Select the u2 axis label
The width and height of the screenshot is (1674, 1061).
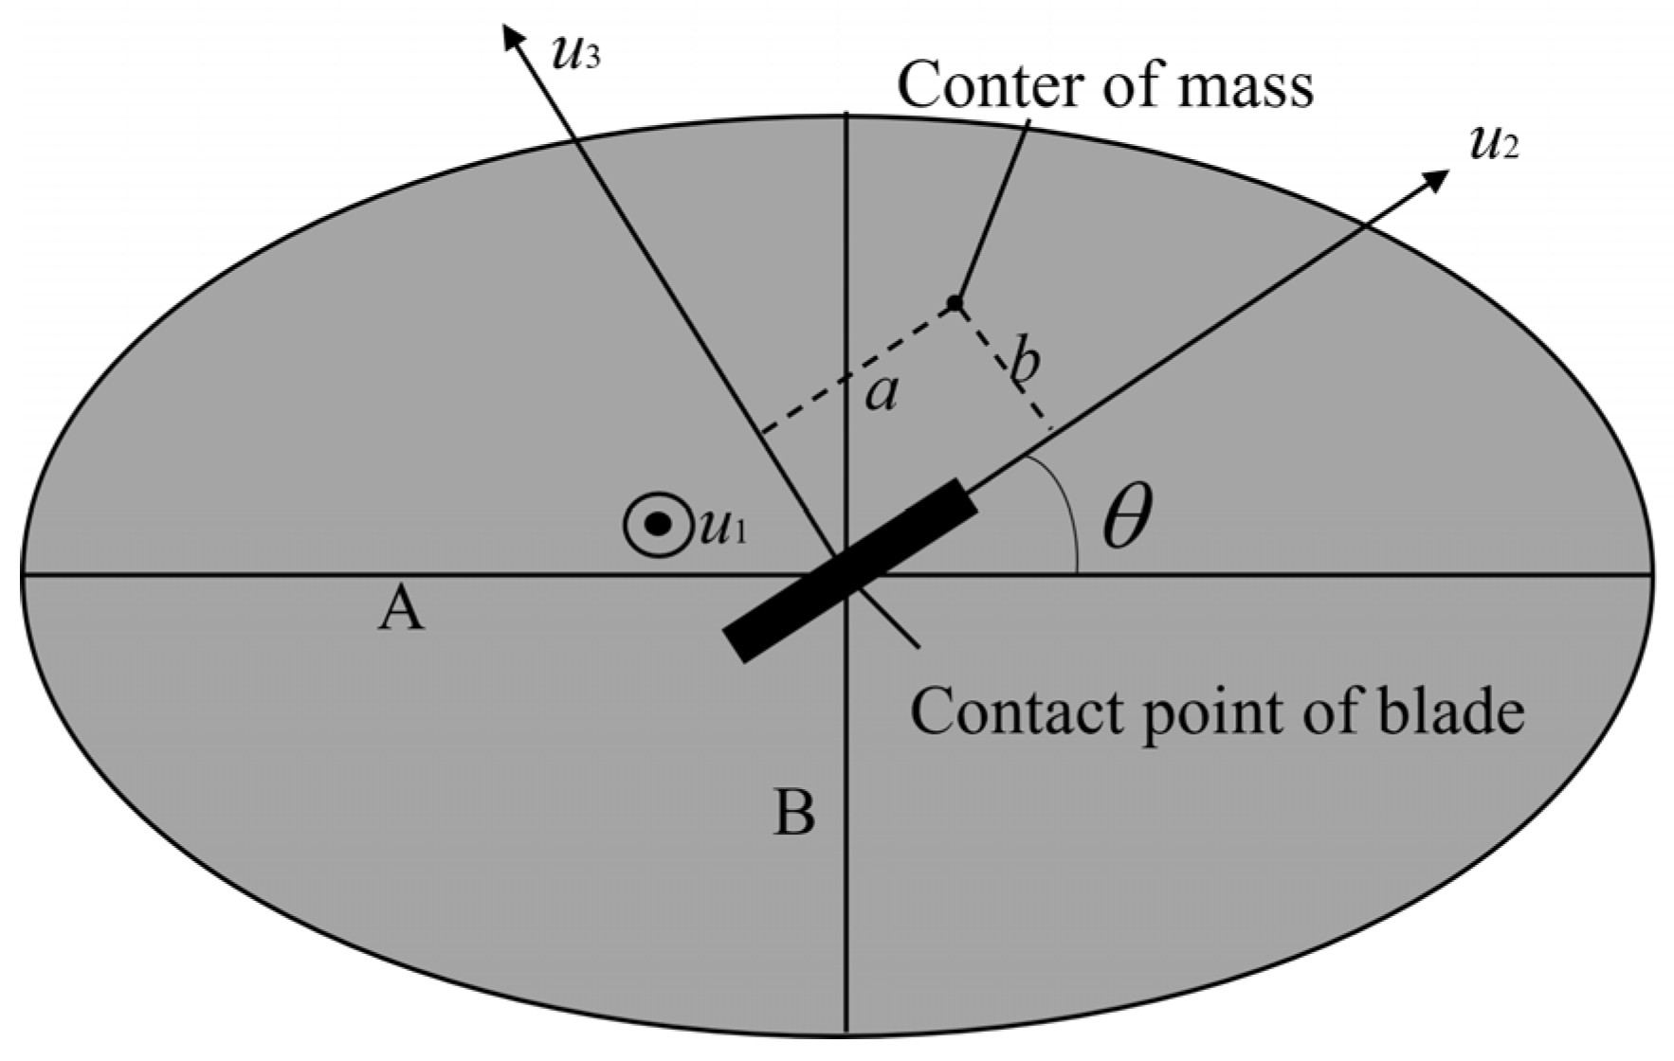click(1493, 145)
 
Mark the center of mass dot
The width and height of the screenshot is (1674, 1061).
click(955, 303)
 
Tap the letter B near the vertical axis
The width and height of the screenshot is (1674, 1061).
click(794, 812)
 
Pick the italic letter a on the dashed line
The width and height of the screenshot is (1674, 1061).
click(882, 392)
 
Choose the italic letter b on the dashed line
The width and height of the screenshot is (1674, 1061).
click(1024, 361)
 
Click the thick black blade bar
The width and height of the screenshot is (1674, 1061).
click(850, 570)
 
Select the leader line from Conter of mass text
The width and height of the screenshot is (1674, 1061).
click(993, 210)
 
